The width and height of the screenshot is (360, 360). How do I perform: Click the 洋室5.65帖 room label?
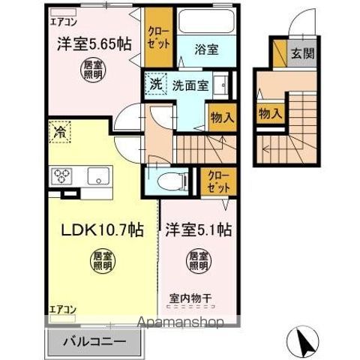(89, 43)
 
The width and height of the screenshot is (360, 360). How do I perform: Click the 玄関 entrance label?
(303, 54)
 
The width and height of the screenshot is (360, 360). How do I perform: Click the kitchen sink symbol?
(98, 177)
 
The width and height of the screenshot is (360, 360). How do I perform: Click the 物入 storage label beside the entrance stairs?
(269, 113)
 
